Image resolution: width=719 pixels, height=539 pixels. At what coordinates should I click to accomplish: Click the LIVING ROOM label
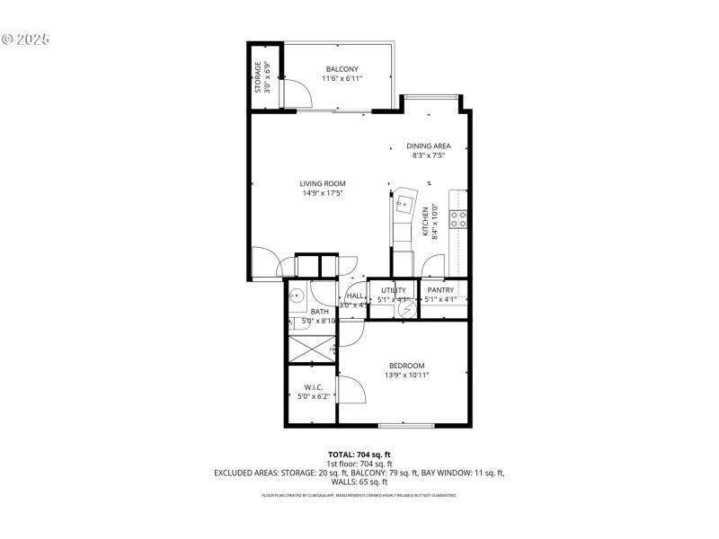click(323, 183)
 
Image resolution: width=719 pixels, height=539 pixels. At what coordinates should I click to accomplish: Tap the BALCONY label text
click(342, 69)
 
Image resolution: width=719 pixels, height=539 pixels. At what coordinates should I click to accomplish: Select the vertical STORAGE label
click(258, 76)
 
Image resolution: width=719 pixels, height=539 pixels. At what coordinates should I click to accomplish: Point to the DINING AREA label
click(428, 146)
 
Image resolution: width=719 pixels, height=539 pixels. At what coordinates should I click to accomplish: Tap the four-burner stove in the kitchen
click(458, 216)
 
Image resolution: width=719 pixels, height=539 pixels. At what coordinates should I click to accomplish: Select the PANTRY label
click(440, 290)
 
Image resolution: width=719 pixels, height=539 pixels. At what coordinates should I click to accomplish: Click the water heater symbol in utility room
click(406, 307)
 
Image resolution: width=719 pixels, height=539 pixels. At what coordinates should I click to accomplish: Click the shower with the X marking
click(310, 346)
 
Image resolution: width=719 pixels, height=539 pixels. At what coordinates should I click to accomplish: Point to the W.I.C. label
click(313, 387)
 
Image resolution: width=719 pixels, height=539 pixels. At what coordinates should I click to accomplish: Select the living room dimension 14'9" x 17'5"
click(323, 193)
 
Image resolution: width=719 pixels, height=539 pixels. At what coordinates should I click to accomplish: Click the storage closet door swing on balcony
click(289, 90)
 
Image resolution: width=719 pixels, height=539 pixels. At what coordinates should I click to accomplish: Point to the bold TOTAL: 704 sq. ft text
click(359, 455)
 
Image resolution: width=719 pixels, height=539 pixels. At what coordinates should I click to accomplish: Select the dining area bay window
click(432, 96)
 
